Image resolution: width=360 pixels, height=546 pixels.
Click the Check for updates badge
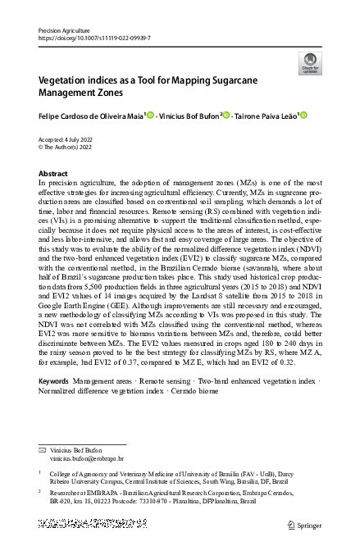[x=310, y=63]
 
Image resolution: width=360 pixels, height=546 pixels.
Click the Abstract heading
[x=53, y=174]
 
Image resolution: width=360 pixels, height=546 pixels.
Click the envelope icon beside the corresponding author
[x=43, y=452]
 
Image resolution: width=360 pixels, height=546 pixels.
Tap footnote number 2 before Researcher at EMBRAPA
[x=41, y=493]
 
